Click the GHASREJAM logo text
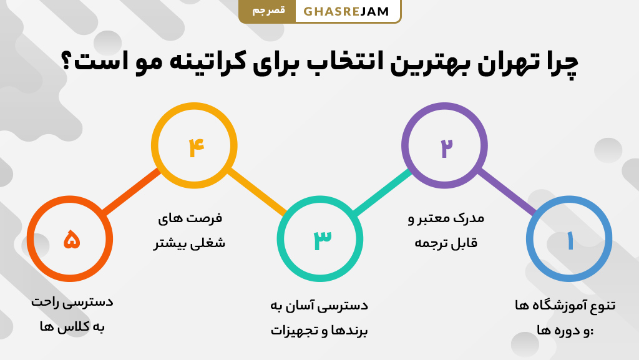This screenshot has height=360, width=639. tap(346, 12)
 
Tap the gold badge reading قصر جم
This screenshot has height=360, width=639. tap(268, 11)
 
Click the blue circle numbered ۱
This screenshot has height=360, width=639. tap(569, 240)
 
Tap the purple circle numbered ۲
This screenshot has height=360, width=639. tap(444, 146)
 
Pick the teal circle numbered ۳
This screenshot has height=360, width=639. tap(320, 240)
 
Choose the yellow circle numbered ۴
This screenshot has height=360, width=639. tap(195, 146)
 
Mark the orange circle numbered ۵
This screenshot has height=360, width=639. tap(71, 240)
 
